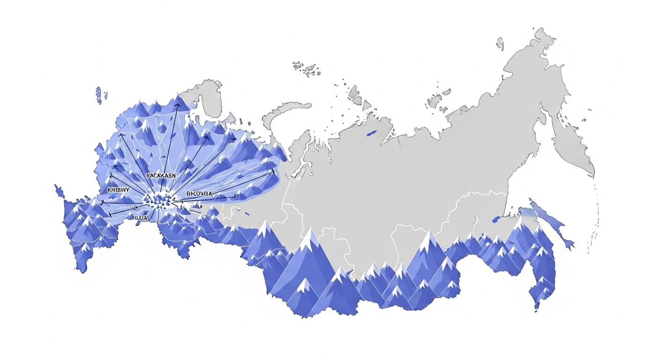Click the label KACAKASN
point(161,175)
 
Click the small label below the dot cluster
point(141,217)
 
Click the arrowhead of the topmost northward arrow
point(178,105)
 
